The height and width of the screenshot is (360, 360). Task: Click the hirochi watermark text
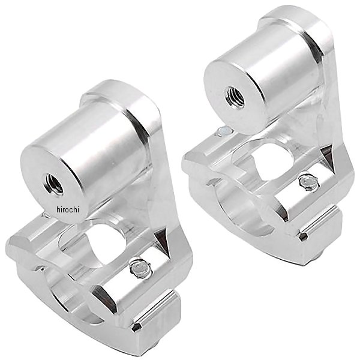click(67, 209)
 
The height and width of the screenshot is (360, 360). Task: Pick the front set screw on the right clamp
click(309, 182)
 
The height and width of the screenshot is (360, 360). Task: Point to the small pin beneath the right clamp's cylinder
click(225, 131)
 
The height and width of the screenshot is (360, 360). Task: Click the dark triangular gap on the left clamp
click(163, 242)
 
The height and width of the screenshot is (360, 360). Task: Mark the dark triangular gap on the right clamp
click(328, 158)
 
